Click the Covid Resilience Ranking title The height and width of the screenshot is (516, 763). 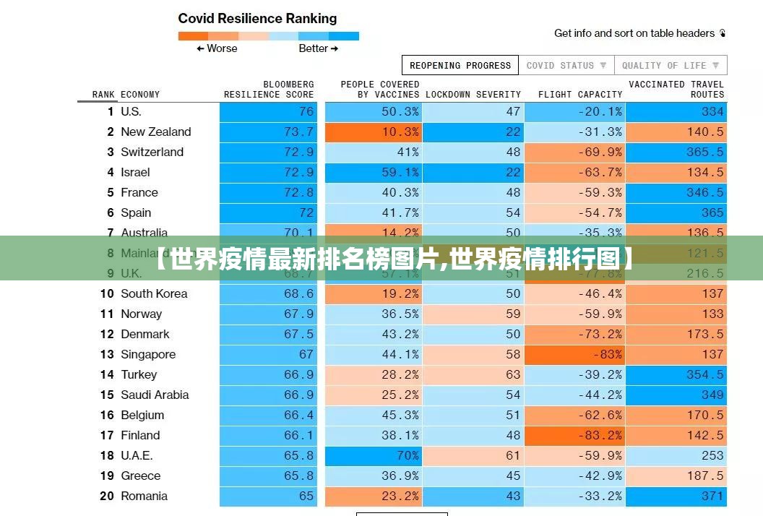pyautogui.click(x=257, y=19)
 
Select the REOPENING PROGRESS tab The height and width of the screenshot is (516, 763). pyautogui.click(x=460, y=65)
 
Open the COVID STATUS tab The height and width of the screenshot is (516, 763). pyautogui.click(x=566, y=65)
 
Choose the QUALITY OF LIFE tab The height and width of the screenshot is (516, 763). pyautogui.click(x=671, y=65)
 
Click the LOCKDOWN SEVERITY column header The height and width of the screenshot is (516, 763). pyautogui.click(x=473, y=95)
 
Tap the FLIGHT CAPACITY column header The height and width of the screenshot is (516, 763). pyautogui.click(x=579, y=95)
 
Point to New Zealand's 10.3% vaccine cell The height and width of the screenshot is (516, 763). pyautogui.click(x=374, y=132)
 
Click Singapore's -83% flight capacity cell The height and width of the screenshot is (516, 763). pyautogui.click(x=574, y=354)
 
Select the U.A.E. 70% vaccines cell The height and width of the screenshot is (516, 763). pyautogui.click(x=374, y=455)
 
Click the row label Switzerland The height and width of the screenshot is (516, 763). pyautogui.click(x=152, y=152)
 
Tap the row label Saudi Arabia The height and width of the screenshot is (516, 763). pyautogui.click(x=155, y=395)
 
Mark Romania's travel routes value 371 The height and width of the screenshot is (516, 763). pyautogui.click(x=677, y=496)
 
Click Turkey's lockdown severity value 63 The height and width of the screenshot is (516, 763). pyautogui.click(x=473, y=374)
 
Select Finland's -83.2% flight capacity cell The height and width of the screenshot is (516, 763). pyautogui.click(x=574, y=435)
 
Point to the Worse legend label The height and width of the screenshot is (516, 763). pyautogui.click(x=217, y=48)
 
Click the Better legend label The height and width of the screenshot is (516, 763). pyautogui.click(x=318, y=48)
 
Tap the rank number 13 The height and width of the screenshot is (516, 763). pyautogui.click(x=107, y=354)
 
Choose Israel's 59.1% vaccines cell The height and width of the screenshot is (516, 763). pyautogui.click(x=374, y=172)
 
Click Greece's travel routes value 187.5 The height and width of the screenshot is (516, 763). pyautogui.click(x=677, y=476)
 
